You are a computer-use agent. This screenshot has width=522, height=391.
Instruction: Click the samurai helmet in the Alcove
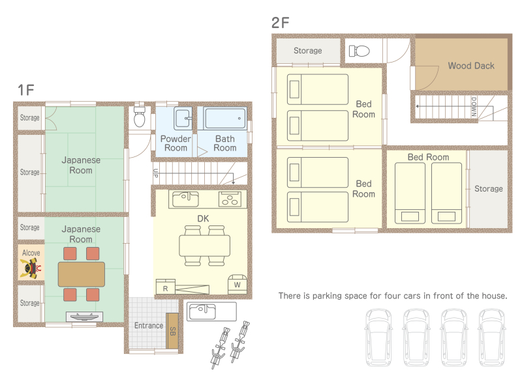coord(31,268)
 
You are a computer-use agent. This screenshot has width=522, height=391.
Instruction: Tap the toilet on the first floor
coord(140,116)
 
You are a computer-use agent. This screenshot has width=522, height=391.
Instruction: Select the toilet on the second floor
coord(360,51)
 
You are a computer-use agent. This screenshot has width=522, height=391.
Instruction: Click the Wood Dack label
coord(471,66)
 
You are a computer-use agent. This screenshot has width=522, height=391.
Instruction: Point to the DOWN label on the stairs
coord(474,107)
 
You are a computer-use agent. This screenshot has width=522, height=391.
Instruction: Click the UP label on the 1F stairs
coord(155,173)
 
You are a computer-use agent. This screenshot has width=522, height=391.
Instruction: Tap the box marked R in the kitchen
coord(166,286)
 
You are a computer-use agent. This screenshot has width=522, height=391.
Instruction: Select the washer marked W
coord(237,284)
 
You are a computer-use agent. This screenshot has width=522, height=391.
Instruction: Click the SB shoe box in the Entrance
coord(172,331)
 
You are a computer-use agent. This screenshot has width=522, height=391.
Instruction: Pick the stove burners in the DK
coord(230,199)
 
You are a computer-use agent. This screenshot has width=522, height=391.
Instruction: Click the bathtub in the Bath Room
coord(225,118)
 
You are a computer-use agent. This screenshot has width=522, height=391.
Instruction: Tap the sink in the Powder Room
coord(183,118)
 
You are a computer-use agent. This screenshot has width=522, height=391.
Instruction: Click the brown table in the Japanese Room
coord(81,274)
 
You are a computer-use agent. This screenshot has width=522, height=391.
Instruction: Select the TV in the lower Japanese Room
coord(84,317)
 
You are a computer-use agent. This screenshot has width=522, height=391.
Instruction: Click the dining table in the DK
coord(204,246)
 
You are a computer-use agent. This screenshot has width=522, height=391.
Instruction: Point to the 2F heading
coord(280,23)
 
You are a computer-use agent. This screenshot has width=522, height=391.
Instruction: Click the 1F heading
coord(25,90)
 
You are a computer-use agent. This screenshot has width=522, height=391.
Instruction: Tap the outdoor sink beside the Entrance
coord(211,311)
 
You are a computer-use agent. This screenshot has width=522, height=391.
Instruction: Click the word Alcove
coord(31,253)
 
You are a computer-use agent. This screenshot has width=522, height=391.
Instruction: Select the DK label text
coord(203,218)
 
